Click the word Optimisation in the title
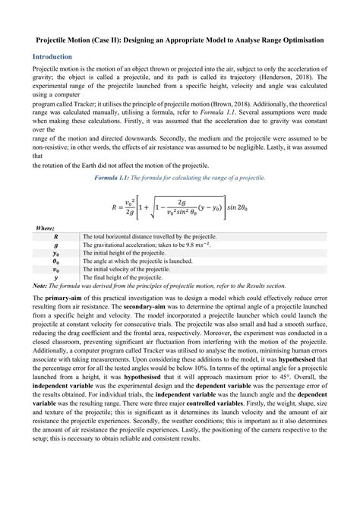(303, 37)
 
